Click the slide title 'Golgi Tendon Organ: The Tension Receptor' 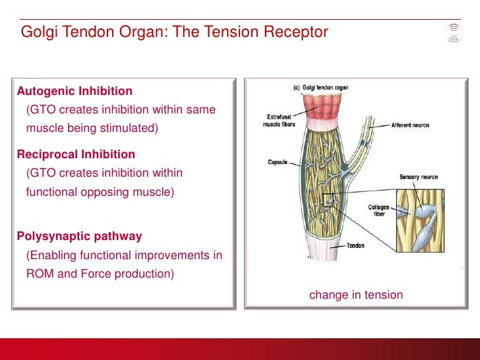174,32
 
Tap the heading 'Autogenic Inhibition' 75,91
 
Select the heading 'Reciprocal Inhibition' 76,155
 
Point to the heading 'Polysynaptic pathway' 79,236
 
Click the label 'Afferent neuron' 410,125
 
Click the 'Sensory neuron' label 418,177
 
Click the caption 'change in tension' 355,295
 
